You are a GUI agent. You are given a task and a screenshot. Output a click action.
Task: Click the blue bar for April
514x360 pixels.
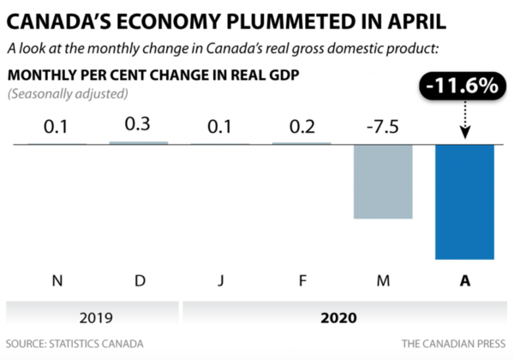point(465,201)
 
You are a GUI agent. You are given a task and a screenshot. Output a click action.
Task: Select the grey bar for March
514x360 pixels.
point(384,181)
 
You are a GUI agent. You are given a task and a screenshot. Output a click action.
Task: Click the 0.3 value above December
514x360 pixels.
point(139,124)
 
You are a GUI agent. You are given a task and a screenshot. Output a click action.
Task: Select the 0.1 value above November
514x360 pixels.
point(57,128)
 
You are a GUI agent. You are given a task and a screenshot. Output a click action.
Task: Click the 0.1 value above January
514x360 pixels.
point(220,128)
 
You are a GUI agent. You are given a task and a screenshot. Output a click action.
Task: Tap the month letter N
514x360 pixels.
point(57,280)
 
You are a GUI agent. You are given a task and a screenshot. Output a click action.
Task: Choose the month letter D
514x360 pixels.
point(139,280)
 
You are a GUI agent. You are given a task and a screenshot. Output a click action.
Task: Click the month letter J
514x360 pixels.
point(220,280)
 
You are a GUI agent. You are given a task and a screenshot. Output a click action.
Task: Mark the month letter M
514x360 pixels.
point(384,280)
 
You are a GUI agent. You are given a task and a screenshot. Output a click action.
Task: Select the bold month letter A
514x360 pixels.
point(465,280)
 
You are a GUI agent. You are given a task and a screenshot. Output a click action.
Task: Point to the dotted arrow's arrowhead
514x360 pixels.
point(465,133)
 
